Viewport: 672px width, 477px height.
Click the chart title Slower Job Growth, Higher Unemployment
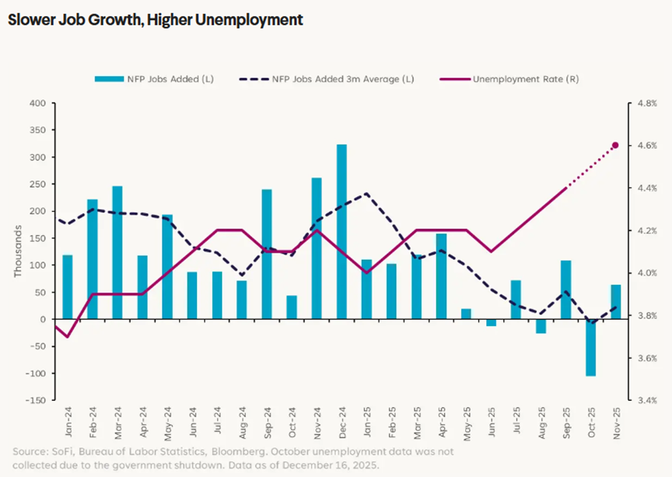tap(156, 19)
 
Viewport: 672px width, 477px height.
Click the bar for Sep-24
tap(267, 254)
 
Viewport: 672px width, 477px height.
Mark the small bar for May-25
tap(466, 314)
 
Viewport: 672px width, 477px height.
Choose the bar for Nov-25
tap(616, 302)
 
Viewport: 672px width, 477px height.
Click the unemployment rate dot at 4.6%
tap(615, 146)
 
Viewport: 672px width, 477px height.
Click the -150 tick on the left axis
tap(35, 400)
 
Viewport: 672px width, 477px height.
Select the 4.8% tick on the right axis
tap(648, 103)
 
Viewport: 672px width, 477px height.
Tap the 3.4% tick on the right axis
tap(648, 400)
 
